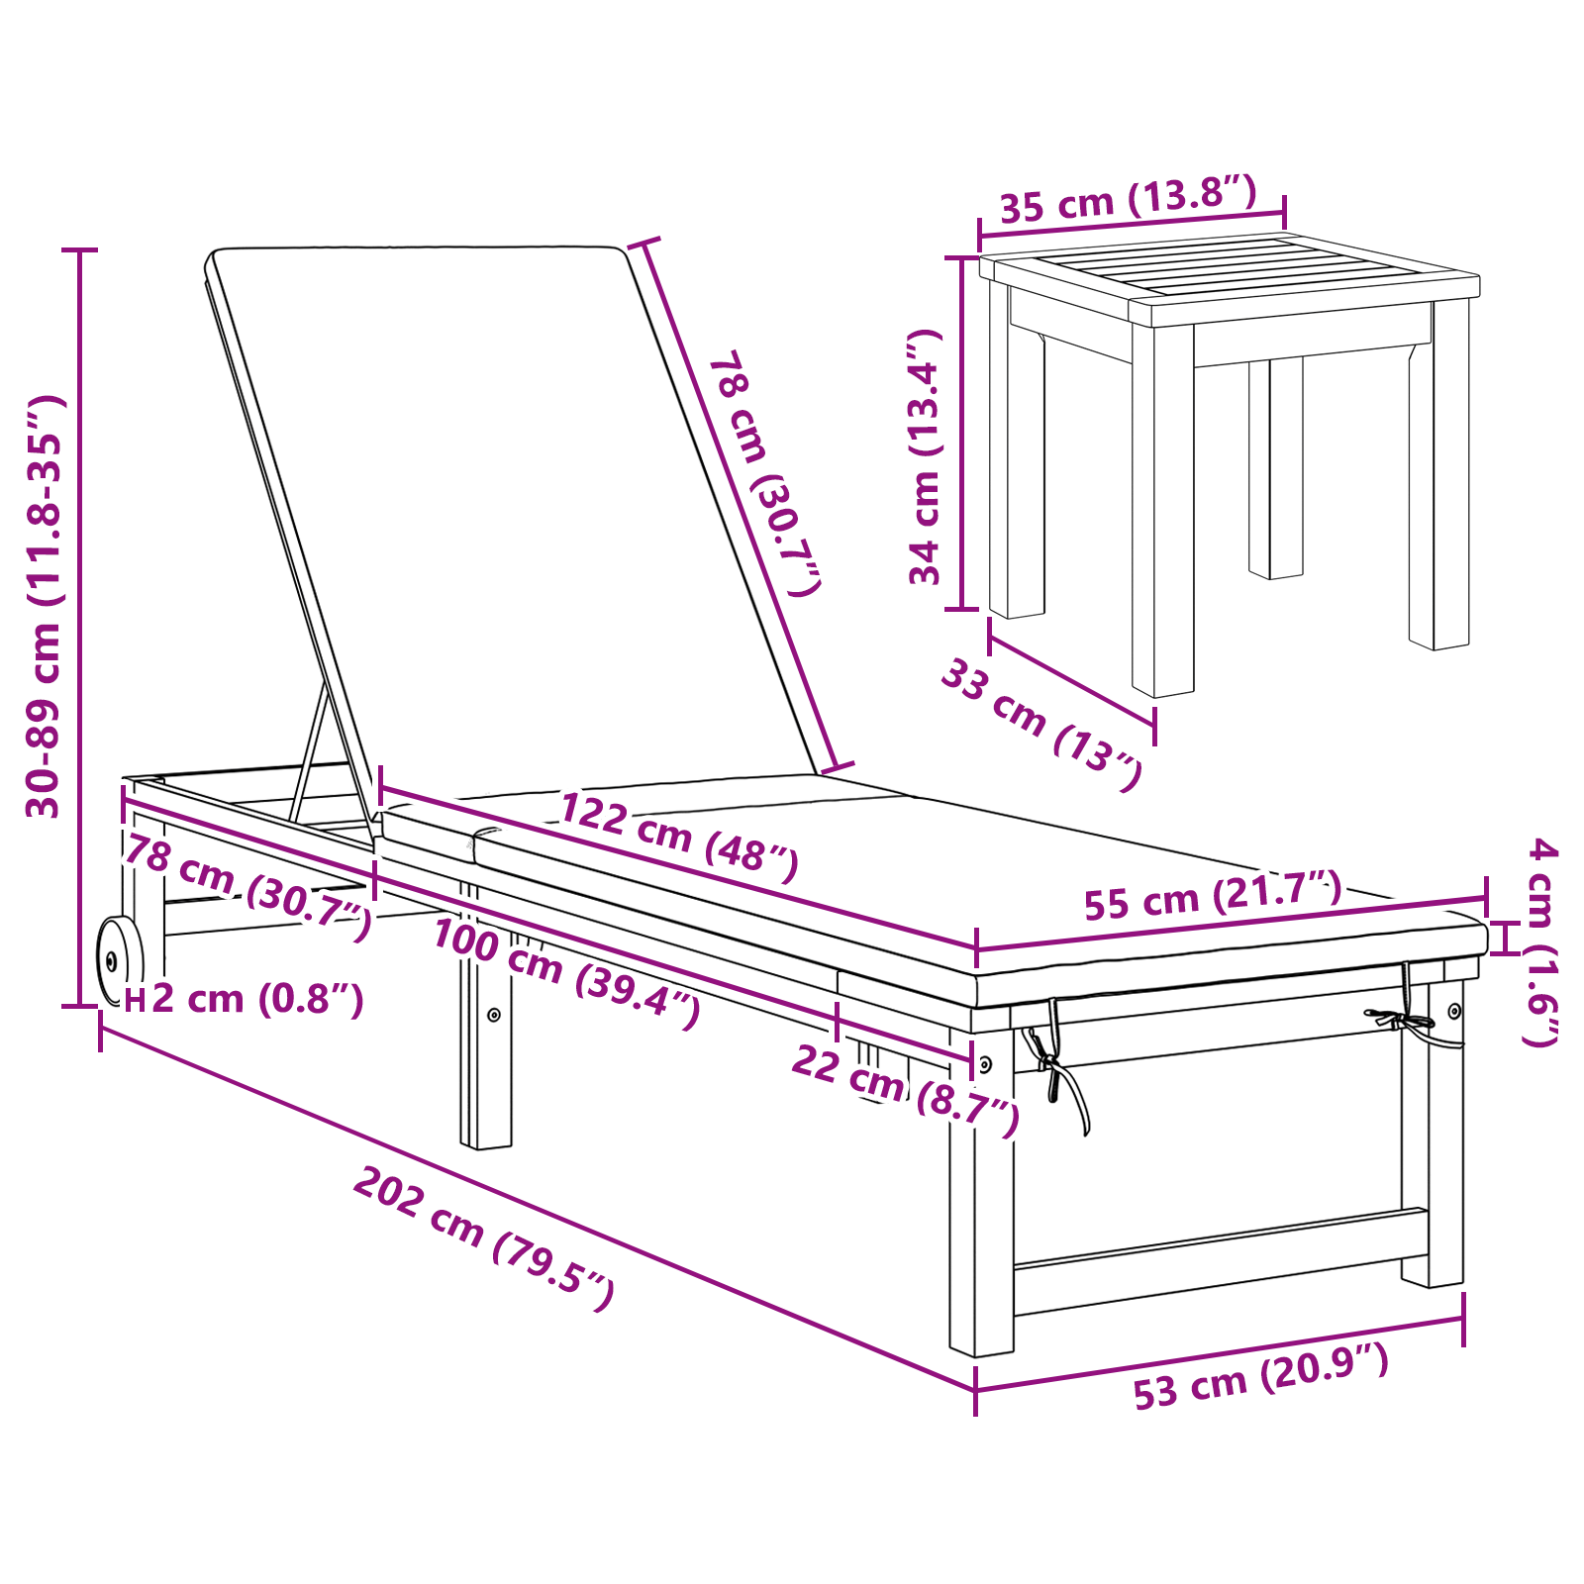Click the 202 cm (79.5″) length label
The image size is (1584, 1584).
click(x=484, y=1237)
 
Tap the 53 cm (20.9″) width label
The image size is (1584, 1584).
click(x=1260, y=1377)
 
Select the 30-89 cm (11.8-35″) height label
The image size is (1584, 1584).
click(x=45, y=606)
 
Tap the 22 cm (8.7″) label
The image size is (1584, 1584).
click(x=905, y=1090)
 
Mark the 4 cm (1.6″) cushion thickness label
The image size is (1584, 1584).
click(x=1540, y=941)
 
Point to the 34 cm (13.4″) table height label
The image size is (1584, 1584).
click(x=925, y=457)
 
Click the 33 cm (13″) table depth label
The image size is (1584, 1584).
click(x=1041, y=726)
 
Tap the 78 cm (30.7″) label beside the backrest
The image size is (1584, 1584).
click(x=763, y=472)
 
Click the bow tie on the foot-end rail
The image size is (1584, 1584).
click(x=1399, y=1019)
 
